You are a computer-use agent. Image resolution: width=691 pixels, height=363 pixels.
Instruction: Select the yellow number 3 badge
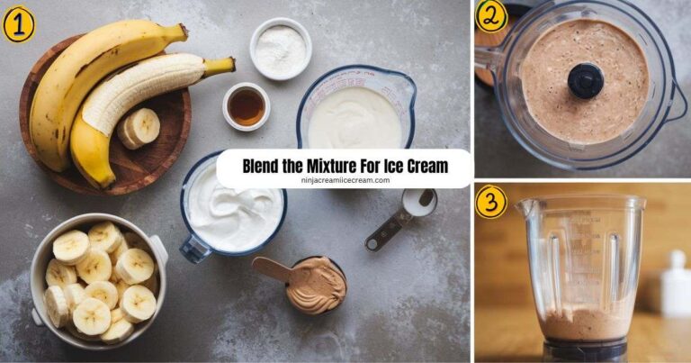[491, 201]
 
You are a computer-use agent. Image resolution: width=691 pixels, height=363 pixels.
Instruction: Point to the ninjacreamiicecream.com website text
[345, 180]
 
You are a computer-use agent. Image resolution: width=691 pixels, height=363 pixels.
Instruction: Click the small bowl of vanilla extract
[246, 107]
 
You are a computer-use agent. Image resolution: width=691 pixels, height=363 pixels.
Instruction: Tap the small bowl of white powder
[280, 50]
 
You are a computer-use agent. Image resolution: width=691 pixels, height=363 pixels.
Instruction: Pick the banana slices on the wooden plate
[140, 127]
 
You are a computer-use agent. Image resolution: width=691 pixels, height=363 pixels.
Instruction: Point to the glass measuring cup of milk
[358, 113]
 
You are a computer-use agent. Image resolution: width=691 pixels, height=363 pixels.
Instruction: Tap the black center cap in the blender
[586, 80]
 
